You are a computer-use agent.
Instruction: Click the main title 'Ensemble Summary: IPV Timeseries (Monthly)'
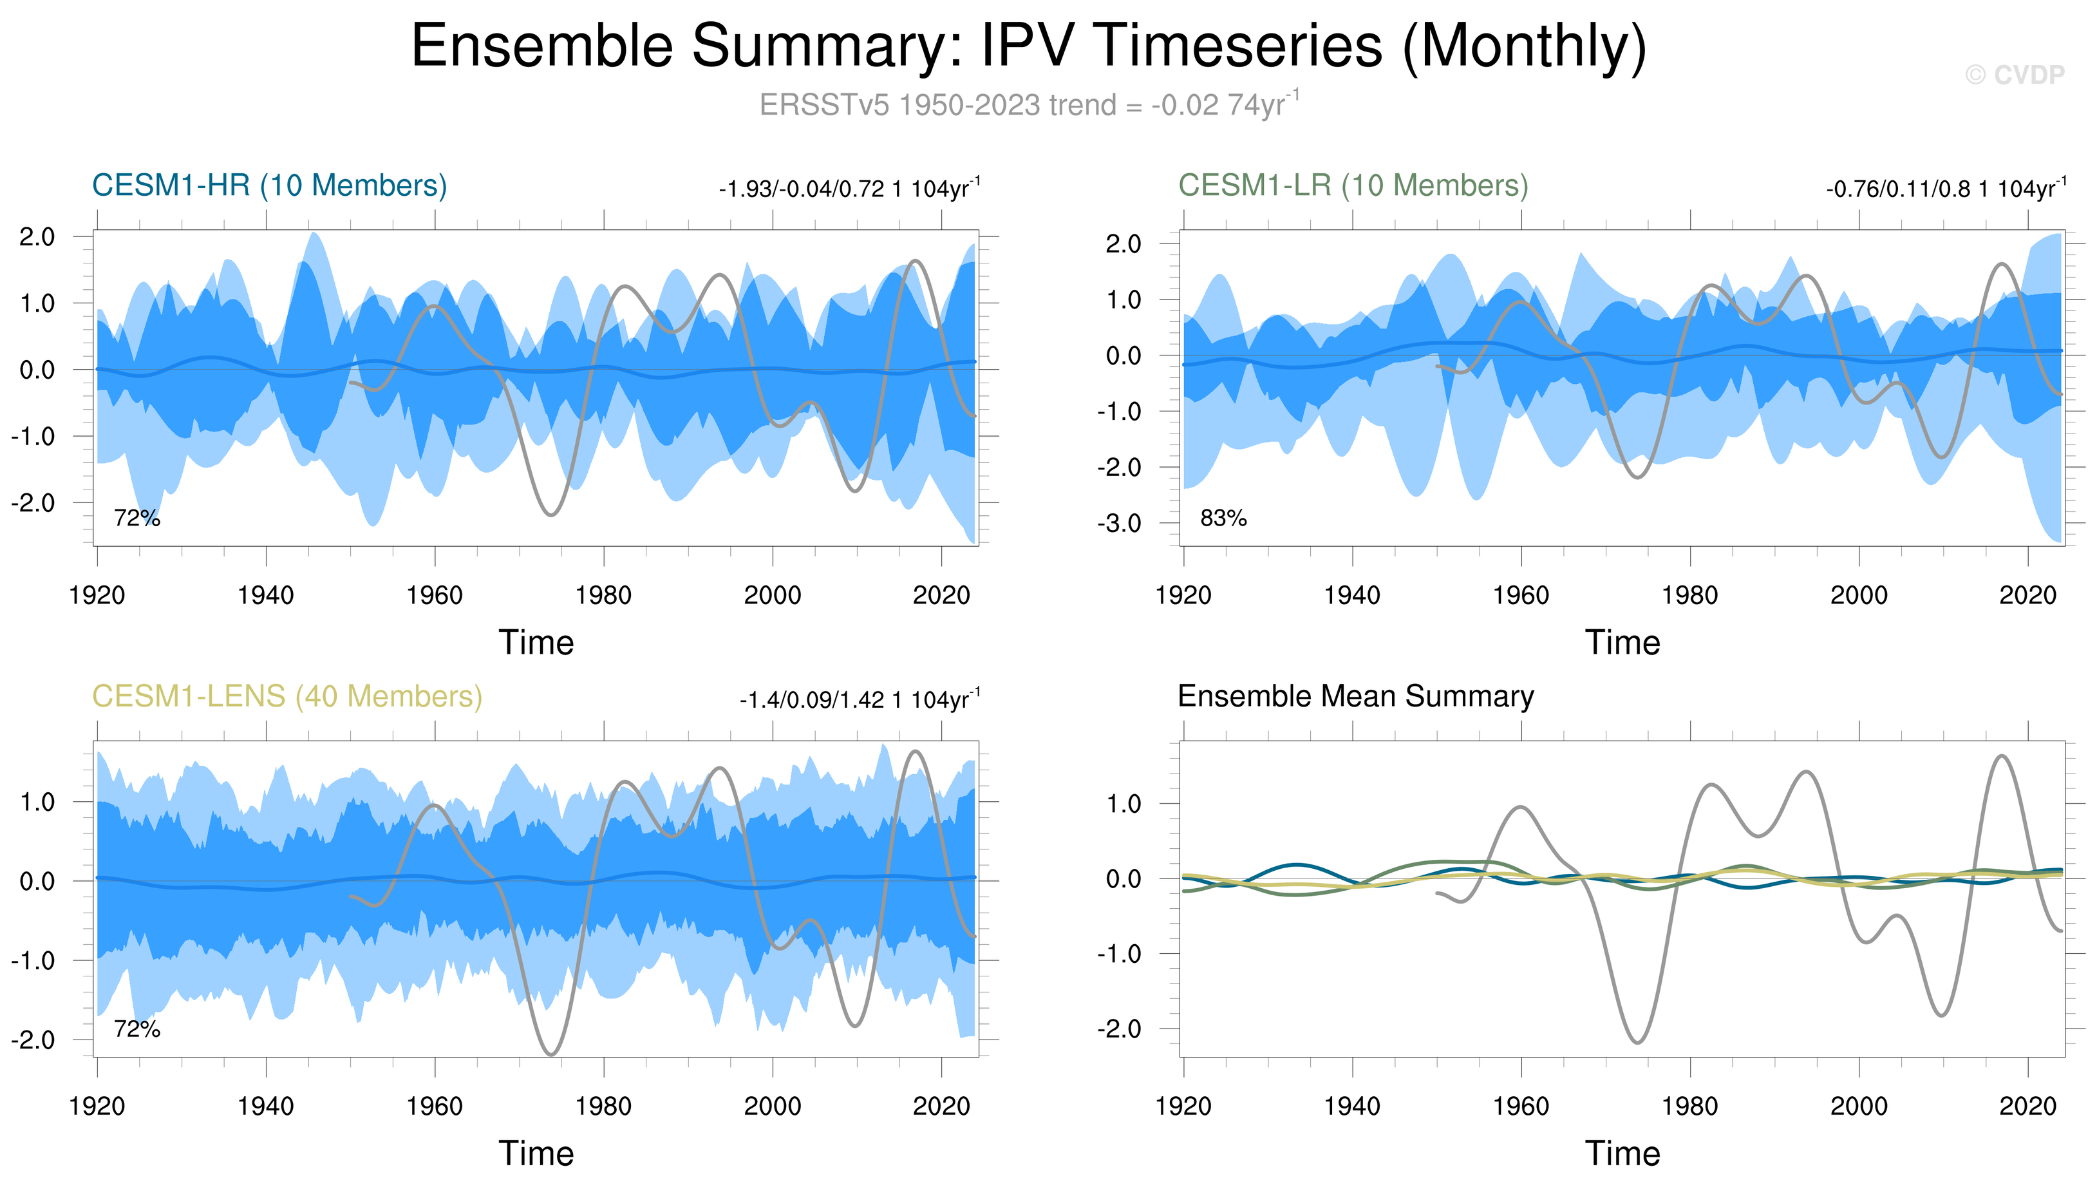coord(1028,46)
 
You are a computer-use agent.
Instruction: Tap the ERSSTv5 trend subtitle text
coord(1028,105)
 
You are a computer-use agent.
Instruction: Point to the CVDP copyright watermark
coord(2014,75)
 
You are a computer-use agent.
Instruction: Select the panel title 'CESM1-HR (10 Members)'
coord(269,186)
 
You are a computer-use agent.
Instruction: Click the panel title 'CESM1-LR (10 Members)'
coord(1353,186)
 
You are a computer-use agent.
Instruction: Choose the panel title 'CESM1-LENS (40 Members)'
coord(287,697)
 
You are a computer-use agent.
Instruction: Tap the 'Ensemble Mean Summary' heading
coord(1355,697)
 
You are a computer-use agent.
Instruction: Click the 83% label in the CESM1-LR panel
coord(1223,518)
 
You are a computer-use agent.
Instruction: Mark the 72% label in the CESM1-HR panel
coord(137,518)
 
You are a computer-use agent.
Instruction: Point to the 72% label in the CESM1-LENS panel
coord(137,1030)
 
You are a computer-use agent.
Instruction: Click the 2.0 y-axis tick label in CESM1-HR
coord(37,237)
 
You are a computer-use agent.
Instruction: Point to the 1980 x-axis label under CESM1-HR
coord(603,596)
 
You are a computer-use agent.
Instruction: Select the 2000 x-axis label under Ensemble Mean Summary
coord(1858,1107)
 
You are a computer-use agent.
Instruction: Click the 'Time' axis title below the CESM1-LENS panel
coord(536,1154)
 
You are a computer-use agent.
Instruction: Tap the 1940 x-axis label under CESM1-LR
coord(1352,596)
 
